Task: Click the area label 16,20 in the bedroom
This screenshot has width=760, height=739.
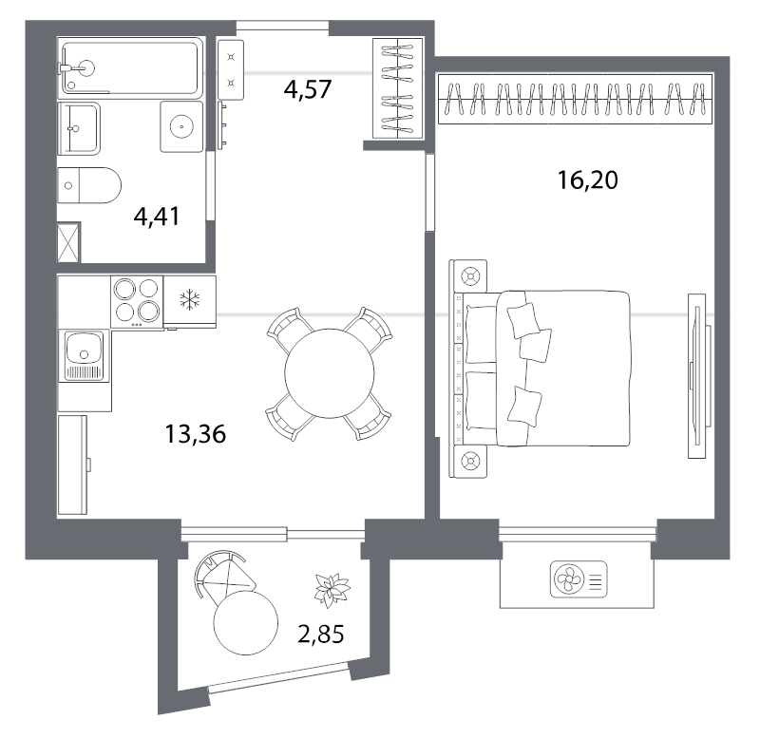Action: [587, 180]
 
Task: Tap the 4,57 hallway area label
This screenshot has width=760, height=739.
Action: [308, 89]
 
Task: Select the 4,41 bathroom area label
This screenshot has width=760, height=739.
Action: [157, 217]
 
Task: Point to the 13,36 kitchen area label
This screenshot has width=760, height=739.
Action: [196, 434]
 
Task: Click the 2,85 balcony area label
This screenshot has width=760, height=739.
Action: [321, 634]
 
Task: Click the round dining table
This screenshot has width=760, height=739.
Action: [330, 373]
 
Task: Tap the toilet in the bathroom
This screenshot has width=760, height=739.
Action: [89, 185]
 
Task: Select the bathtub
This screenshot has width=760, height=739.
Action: [130, 67]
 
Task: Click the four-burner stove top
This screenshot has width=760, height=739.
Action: [137, 301]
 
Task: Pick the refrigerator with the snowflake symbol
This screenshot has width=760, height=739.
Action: [189, 301]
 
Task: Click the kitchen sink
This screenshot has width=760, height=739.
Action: [85, 355]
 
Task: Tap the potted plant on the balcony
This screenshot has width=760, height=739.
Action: [332, 589]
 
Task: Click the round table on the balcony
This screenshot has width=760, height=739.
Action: [246, 623]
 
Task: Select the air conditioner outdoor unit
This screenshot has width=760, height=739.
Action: [579, 578]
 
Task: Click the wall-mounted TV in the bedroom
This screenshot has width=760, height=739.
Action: [697, 375]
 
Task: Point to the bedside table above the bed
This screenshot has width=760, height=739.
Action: [468, 276]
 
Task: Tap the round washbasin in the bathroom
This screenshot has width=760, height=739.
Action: [181, 126]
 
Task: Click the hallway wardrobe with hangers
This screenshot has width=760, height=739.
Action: [397, 88]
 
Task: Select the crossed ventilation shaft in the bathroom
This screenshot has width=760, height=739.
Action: [68, 242]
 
